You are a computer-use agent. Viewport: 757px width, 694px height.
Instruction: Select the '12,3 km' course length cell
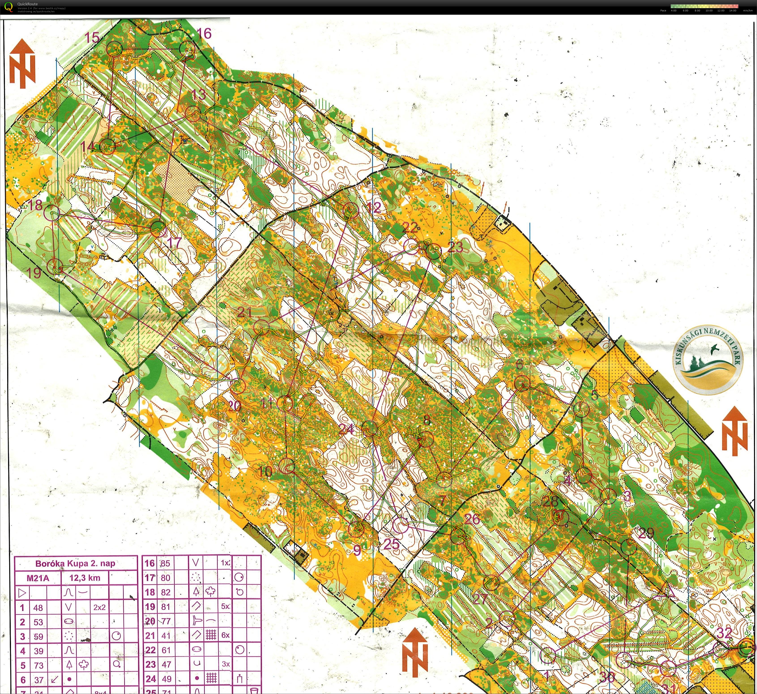coord(85,578)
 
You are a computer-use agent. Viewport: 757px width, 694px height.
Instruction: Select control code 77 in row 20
coord(165,621)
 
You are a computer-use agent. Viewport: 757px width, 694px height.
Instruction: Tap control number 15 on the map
coord(92,38)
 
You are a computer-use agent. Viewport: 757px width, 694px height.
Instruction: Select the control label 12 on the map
coord(374,207)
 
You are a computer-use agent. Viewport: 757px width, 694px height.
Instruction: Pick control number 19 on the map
coord(34,272)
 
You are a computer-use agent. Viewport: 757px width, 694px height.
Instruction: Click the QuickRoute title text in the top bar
coord(28,4)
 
